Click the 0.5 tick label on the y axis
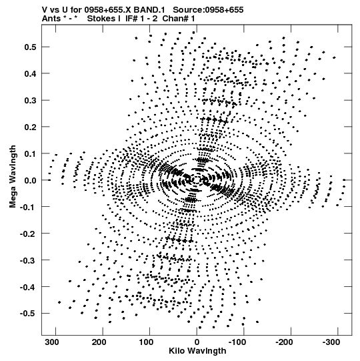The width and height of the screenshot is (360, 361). [30, 47]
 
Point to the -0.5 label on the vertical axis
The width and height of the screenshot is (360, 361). [28, 314]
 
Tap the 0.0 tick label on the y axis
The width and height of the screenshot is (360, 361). [30, 180]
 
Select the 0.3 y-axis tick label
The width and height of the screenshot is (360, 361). [30, 100]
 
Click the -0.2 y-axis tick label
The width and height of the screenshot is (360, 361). [28, 234]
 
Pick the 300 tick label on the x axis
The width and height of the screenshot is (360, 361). [52, 342]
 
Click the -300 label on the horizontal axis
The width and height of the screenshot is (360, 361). [331, 342]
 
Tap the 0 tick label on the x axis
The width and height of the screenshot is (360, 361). [197, 342]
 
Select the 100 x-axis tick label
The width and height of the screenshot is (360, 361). [146, 342]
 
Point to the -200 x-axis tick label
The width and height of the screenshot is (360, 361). [284, 342]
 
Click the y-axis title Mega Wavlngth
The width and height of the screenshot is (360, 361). [13, 177]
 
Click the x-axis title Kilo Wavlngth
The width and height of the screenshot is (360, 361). [197, 351]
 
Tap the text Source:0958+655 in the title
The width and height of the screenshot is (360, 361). [208, 10]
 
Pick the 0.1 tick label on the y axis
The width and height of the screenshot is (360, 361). [30, 153]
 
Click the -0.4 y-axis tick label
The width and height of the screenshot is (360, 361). [28, 287]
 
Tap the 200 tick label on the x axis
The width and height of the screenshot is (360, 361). [99, 342]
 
